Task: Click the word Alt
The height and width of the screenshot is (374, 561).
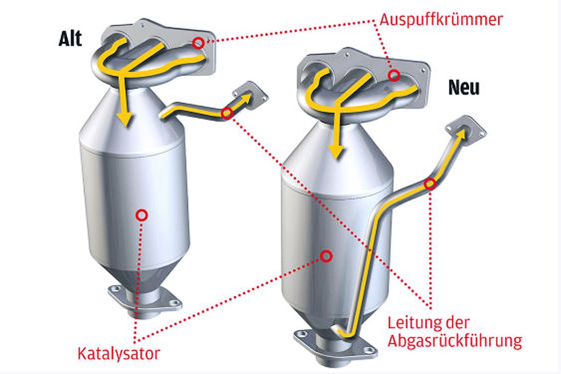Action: click(x=70, y=39)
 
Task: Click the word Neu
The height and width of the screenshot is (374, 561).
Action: click(x=464, y=87)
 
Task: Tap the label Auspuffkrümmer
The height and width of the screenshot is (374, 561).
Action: click(x=441, y=19)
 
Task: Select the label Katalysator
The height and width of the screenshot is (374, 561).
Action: click(x=119, y=353)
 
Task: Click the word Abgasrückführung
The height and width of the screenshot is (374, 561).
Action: click(x=454, y=340)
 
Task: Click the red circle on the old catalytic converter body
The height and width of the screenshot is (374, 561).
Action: click(x=142, y=216)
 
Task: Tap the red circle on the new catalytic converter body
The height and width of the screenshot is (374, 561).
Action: click(x=326, y=256)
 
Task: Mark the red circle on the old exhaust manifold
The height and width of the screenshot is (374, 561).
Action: click(x=198, y=43)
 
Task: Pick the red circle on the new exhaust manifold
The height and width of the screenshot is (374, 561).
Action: click(x=394, y=76)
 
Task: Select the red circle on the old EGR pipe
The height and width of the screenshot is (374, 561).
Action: click(x=227, y=113)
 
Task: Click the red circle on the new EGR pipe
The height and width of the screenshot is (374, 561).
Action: click(x=430, y=184)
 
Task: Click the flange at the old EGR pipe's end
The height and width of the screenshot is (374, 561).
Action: click(x=250, y=93)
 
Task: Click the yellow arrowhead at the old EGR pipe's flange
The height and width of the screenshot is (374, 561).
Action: click(x=246, y=97)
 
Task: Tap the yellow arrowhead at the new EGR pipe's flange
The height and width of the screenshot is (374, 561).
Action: click(x=464, y=133)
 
